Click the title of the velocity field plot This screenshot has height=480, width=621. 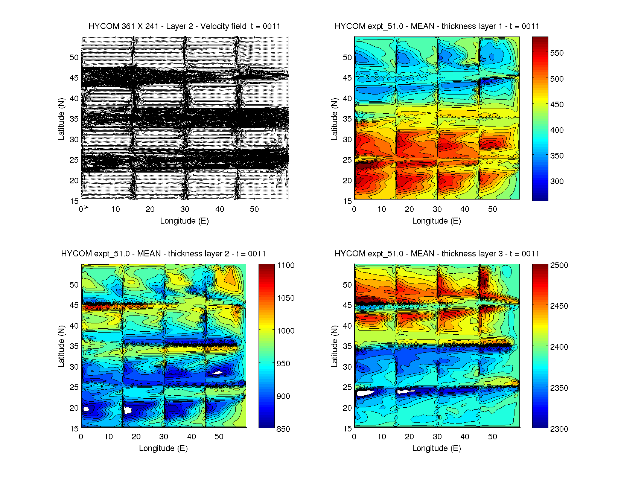[x=184, y=26]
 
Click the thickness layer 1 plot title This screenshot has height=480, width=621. [x=437, y=26]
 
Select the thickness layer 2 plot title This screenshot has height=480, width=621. [x=163, y=254]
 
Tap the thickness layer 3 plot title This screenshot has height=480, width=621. [x=437, y=254]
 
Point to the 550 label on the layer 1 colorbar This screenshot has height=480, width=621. [x=557, y=53]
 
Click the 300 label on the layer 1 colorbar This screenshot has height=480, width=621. [x=557, y=181]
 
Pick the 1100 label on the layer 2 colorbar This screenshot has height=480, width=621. [x=286, y=265]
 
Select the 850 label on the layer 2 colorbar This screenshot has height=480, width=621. [x=283, y=429]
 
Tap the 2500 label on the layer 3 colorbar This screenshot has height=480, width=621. [x=559, y=265]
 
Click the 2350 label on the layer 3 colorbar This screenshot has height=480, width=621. [x=559, y=388]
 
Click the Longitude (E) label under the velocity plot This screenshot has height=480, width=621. [x=184, y=221]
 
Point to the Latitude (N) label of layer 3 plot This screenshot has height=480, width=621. [x=334, y=346]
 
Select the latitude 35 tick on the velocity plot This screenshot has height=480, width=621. [x=74, y=119]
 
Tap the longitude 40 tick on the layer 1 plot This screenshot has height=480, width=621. [x=465, y=209]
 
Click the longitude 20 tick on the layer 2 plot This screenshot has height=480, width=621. [x=136, y=437]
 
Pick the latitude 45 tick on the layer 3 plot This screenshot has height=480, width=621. [x=347, y=305]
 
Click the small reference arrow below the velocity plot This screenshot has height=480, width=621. [x=86, y=207]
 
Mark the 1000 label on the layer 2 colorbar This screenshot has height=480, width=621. [x=286, y=331]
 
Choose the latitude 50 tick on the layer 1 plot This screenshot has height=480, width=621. [x=347, y=58]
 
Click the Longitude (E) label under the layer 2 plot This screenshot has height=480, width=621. [x=163, y=448]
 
